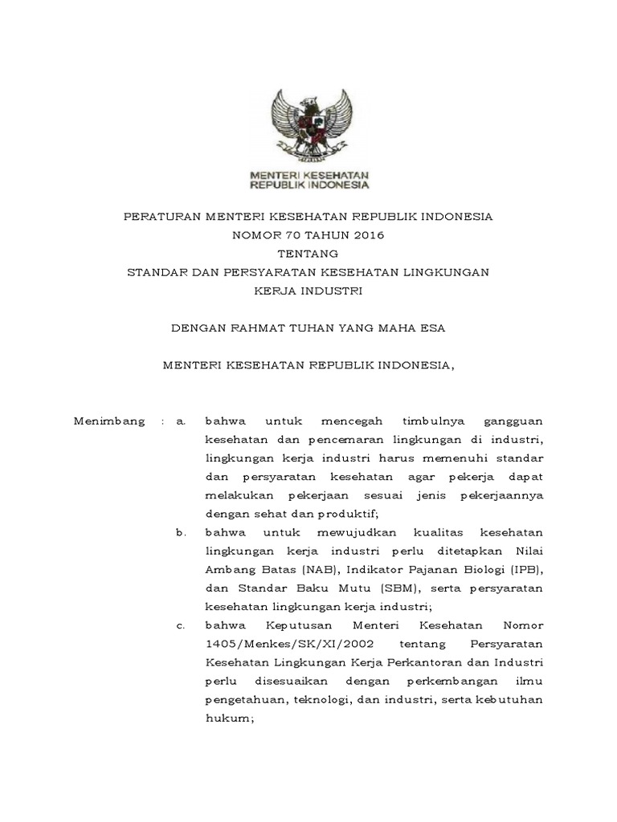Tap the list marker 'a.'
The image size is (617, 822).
[x=181, y=421]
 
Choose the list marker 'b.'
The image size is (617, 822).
[x=181, y=531]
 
